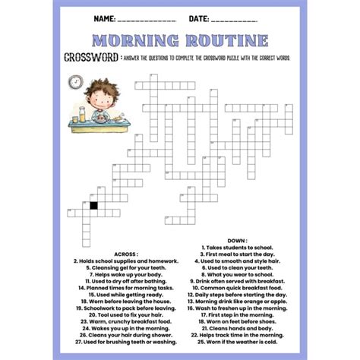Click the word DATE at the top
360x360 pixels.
click(x=200, y=17)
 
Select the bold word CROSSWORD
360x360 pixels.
click(x=90, y=58)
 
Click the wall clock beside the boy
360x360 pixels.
click(x=77, y=82)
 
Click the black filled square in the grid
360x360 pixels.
click(x=93, y=204)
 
